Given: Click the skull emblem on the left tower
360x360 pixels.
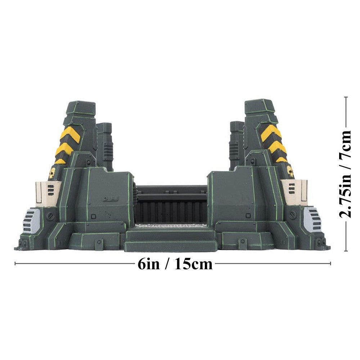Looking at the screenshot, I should (52, 173).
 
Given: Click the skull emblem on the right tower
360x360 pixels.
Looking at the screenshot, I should (290, 171).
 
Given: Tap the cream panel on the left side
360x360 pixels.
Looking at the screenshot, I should (48, 193).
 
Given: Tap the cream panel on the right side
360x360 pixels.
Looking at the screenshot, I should (294, 192).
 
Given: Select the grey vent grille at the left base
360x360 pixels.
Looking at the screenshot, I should (31, 220).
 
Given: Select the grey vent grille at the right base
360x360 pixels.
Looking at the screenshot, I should (311, 219).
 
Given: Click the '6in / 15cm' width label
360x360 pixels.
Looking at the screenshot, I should (175, 264).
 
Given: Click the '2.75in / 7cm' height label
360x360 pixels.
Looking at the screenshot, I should (346, 174).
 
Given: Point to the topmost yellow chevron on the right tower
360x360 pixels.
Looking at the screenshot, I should (271, 132).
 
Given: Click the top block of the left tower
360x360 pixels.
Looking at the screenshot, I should (81, 108).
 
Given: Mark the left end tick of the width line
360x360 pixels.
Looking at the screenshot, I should (15, 264).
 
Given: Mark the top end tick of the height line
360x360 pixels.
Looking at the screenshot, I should (346, 97).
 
